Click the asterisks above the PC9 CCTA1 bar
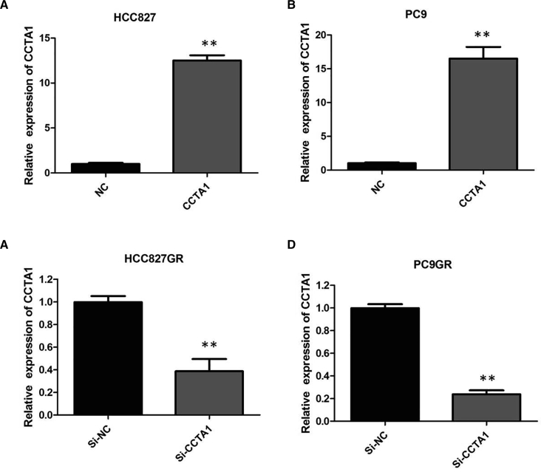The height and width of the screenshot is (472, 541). point(482,35)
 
